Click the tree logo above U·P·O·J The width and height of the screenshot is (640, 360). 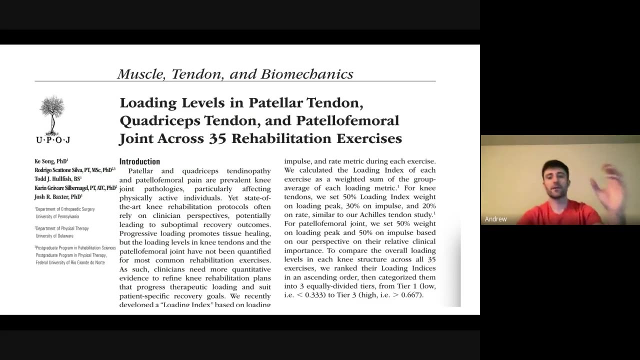(52, 115)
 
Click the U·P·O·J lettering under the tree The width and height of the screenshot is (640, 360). (52, 140)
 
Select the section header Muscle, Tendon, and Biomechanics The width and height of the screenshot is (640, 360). (235, 74)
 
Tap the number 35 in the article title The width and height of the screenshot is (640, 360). (217, 138)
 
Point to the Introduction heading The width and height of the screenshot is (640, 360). (139, 161)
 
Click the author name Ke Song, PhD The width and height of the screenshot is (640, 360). (51, 161)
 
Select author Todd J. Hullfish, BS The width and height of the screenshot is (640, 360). (57, 179)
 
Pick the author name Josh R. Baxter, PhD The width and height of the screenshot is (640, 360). (58, 197)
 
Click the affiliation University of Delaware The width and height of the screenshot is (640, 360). (54, 235)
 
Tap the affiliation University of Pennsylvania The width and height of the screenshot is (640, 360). (57, 216)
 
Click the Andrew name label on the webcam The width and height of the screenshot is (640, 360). (495, 219)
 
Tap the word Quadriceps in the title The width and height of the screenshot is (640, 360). (154, 121)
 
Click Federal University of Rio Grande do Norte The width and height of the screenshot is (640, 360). (70, 262)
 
